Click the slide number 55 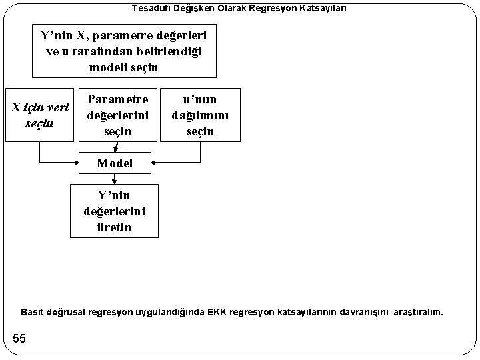[x=19, y=339]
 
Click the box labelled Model [x=115, y=163]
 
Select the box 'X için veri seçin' [x=39, y=115]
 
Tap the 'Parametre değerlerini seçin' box [x=118, y=114]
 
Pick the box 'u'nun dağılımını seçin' [x=200, y=114]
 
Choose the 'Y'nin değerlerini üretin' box [x=115, y=211]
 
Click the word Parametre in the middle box [x=118, y=99]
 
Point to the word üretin [x=115, y=227]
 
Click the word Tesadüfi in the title [x=149, y=8]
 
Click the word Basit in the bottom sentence [x=32, y=312]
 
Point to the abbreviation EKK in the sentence [x=217, y=312]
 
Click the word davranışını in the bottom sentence [x=366, y=312]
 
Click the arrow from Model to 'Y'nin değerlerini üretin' [x=115, y=178]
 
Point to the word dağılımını [x=200, y=115]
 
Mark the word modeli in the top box [x=107, y=67]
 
